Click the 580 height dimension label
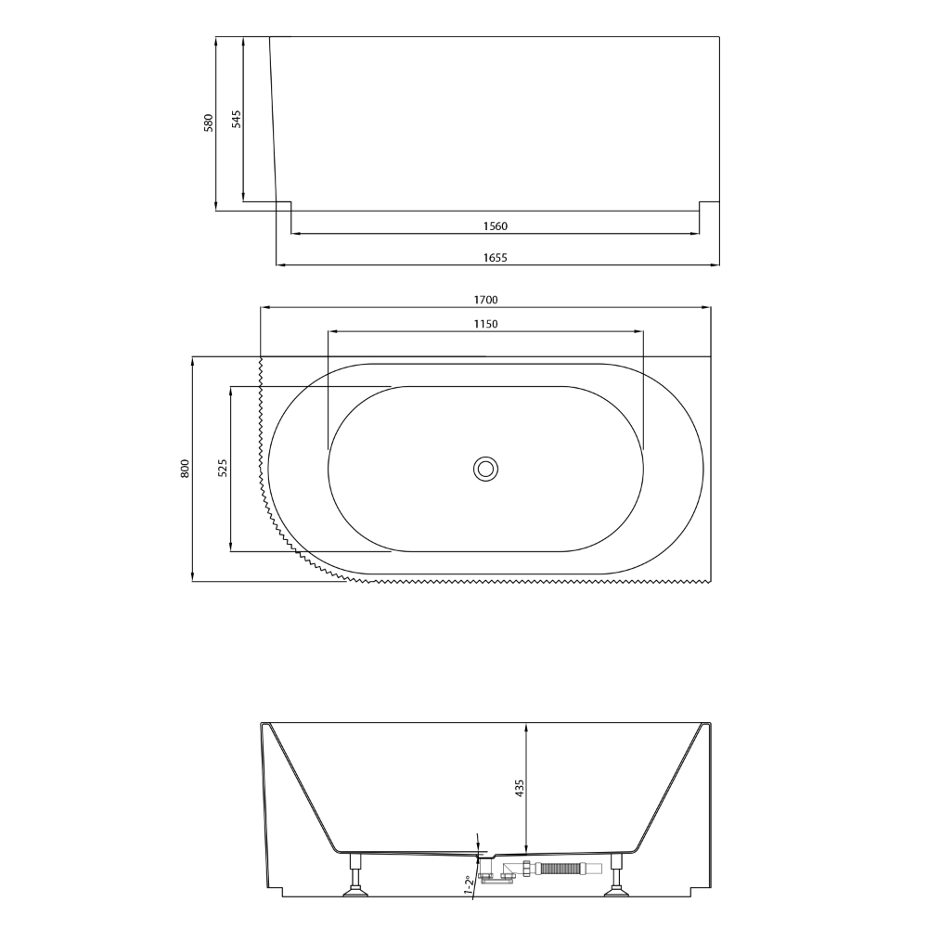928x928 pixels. pyautogui.click(x=208, y=122)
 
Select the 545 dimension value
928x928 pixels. pyautogui.click(x=236, y=119)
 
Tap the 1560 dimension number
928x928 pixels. pyautogui.click(x=496, y=226)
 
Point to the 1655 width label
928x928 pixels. pyautogui.click(x=496, y=257)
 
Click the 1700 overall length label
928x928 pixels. pyautogui.click(x=486, y=300)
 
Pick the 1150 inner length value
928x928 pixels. pyautogui.click(x=486, y=324)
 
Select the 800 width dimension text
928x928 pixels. pyautogui.click(x=185, y=469)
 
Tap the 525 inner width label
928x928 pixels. pyautogui.click(x=223, y=468)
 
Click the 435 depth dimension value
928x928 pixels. pyautogui.click(x=520, y=789)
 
